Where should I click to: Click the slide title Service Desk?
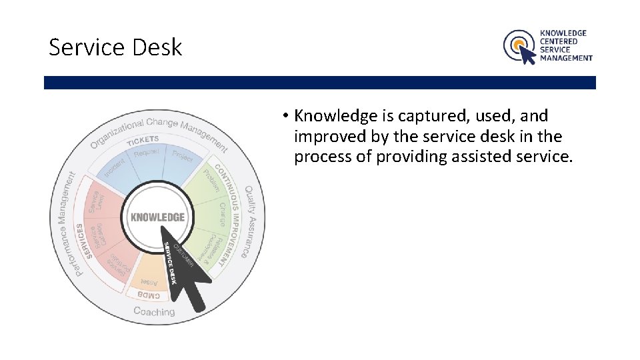[115, 47]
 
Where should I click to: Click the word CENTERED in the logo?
[559, 41]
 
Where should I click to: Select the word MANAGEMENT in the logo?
[566, 58]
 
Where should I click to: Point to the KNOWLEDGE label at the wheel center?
[158, 217]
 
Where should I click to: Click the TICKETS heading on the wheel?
[143, 140]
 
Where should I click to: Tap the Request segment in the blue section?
[147, 153]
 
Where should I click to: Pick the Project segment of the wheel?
[182, 156]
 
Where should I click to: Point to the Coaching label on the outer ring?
[154, 311]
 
